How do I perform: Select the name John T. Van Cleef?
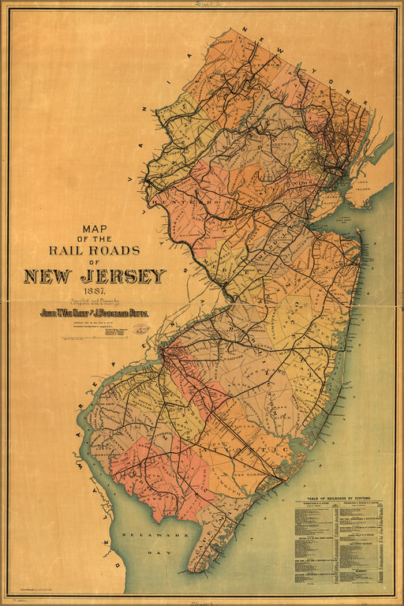tap(66, 312)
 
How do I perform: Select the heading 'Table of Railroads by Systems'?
tap(340, 499)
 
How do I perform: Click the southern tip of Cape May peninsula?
tap(192, 570)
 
